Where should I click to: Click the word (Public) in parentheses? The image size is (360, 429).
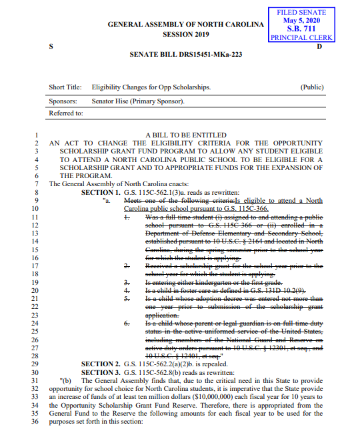point(312,87)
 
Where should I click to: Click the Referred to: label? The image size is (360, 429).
point(66,113)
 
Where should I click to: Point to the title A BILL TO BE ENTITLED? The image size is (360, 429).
point(186,135)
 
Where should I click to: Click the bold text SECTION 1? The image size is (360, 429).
point(101,191)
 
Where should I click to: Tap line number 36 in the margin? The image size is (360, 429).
point(35,421)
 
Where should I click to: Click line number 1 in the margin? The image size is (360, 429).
point(37,135)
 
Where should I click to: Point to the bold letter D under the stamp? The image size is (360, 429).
point(319,47)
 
